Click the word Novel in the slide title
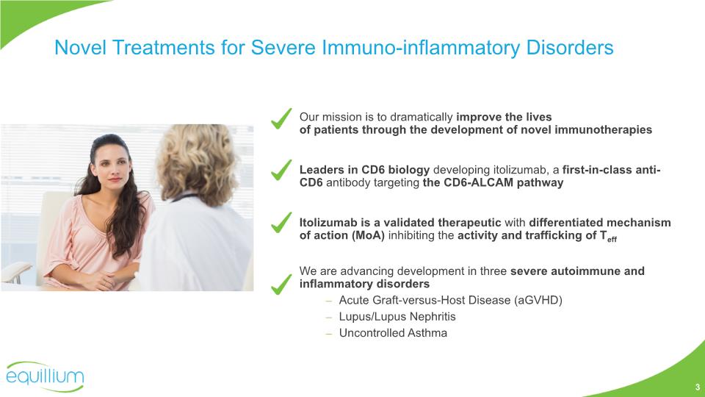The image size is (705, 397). click(x=81, y=48)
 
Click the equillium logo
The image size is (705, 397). click(x=45, y=376)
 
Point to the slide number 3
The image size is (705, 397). click(x=698, y=387)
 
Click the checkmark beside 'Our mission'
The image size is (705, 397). click(x=281, y=119)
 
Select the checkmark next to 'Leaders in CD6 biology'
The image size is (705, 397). click(x=281, y=170)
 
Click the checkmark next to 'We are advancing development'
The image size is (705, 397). click(x=281, y=285)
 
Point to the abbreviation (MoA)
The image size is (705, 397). click(x=368, y=235)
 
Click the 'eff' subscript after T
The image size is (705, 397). click(x=612, y=240)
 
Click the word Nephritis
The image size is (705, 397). click(x=433, y=317)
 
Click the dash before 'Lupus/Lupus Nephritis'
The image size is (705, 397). click(x=329, y=318)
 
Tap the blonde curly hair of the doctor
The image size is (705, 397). click(x=197, y=162)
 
